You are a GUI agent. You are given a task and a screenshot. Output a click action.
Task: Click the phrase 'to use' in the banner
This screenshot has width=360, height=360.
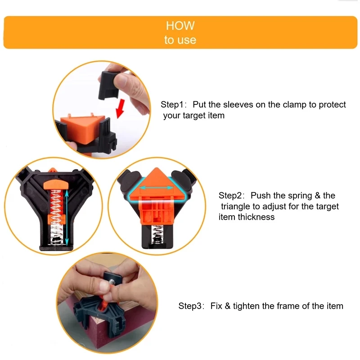point(180,40)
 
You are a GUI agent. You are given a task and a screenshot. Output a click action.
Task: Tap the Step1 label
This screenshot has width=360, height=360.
point(173,105)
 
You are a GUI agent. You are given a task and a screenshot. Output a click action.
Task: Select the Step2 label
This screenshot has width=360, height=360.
point(231,196)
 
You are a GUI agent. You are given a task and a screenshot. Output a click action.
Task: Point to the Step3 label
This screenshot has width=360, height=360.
point(191,306)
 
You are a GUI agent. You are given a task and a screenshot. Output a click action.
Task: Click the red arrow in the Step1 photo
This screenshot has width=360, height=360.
point(121,109)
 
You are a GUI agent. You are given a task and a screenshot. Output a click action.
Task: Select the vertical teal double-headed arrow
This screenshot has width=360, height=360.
point(67,216)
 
